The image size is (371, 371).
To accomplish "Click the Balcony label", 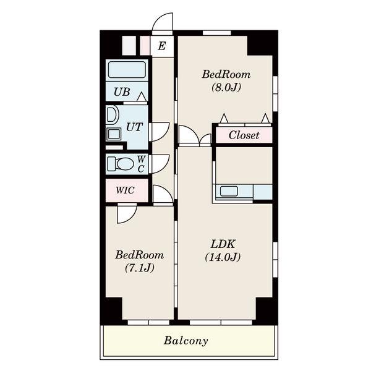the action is [185, 341].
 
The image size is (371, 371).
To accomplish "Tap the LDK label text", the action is [223, 244].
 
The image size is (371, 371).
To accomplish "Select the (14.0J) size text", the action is [223, 257].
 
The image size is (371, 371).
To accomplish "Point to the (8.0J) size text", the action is [226, 87].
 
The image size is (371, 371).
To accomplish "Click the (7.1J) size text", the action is [140, 268].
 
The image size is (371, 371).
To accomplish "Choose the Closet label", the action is [244, 135].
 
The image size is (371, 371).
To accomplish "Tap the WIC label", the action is [125, 190].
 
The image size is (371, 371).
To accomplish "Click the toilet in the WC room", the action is [121, 164].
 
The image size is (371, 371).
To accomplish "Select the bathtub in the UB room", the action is [127, 69].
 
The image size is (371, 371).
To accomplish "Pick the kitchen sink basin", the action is [229, 191].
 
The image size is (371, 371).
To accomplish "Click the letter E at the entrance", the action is [162, 46].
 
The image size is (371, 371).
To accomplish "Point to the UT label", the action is [134, 127].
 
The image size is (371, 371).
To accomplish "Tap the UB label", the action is [122, 92].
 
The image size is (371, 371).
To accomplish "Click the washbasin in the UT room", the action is [112, 114].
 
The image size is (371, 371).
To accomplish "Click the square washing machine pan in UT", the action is [114, 134].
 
